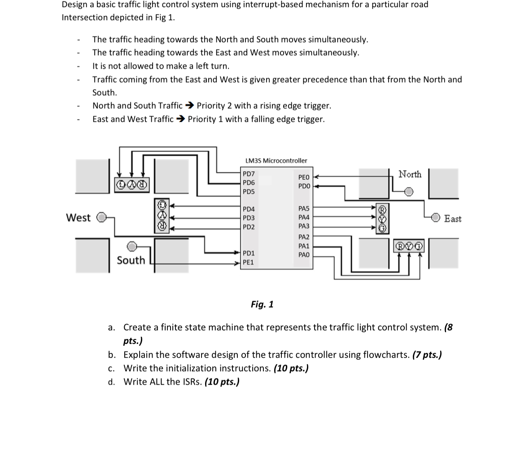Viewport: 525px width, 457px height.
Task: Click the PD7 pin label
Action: click(249, 174)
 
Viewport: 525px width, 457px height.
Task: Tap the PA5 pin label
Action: click(304, 209)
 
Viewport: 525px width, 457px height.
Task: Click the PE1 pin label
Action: click(248, 262)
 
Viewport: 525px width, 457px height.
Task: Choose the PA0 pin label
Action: click(304, 255)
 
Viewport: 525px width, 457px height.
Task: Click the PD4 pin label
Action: click(249, 209)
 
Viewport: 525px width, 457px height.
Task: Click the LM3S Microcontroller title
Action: click(276, 160)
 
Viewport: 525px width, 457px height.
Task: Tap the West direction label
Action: click(78, 218)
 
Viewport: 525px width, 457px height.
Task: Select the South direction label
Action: click(131, 260)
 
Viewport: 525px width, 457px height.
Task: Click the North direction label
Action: click(410, 174)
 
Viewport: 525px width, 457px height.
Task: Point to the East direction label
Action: click(453, 219)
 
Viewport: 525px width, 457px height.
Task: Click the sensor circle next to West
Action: click(102, 217)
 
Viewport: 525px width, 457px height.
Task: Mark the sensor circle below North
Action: click(409, 192)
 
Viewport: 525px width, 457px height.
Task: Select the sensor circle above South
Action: click(131, 246)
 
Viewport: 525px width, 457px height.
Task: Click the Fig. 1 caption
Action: click(262, 304)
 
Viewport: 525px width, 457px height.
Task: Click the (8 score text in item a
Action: click(448, 327)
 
